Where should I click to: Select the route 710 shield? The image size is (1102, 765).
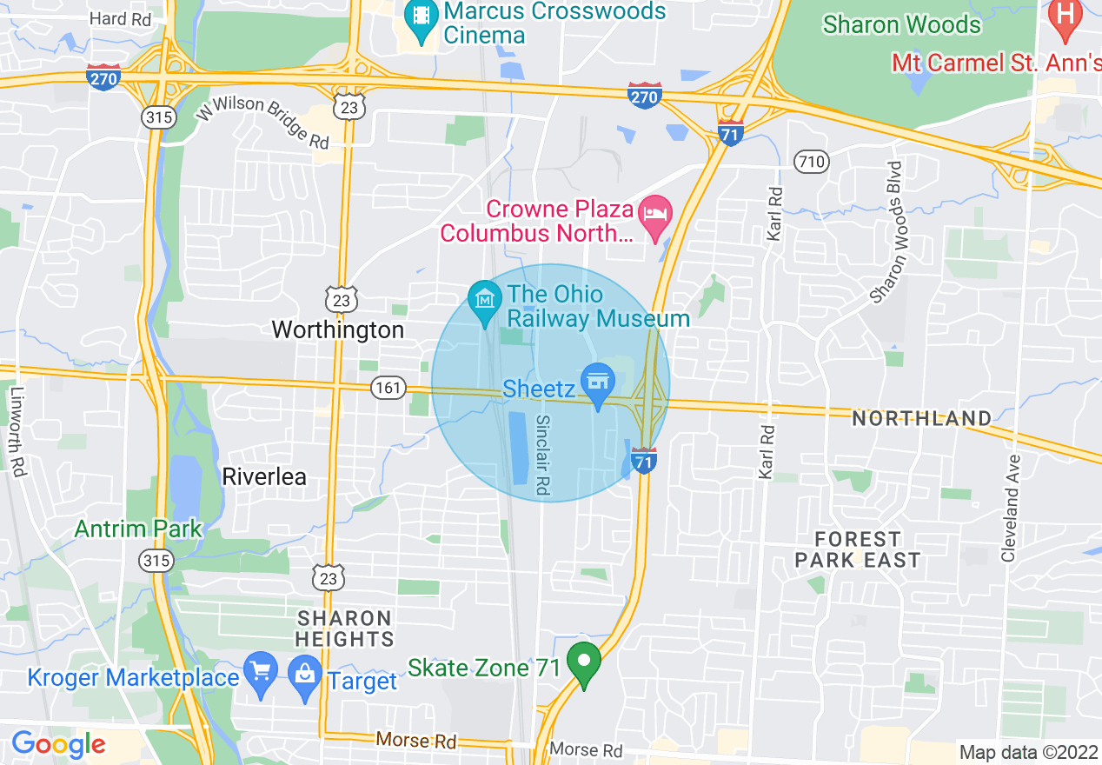click(x=811, y=161)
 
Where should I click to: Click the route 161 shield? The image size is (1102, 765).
click(x=388, y=388)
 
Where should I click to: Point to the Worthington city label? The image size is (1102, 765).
click(x=338, y=330)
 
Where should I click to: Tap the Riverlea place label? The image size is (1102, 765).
click(x=264, y=476)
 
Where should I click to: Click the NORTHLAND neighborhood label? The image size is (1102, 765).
click(x=921, y=419)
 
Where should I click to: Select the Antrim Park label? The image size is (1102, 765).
click(x=138, y=529)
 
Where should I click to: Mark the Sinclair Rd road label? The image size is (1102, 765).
click(x=542, y=455)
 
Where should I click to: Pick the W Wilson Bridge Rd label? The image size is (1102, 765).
click(x=261, y=121)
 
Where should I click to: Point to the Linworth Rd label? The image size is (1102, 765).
click(x=17, y=429)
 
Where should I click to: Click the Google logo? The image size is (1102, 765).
click(x=58, y=744)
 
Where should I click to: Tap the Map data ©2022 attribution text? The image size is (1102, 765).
click(x=1026, y=752)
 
